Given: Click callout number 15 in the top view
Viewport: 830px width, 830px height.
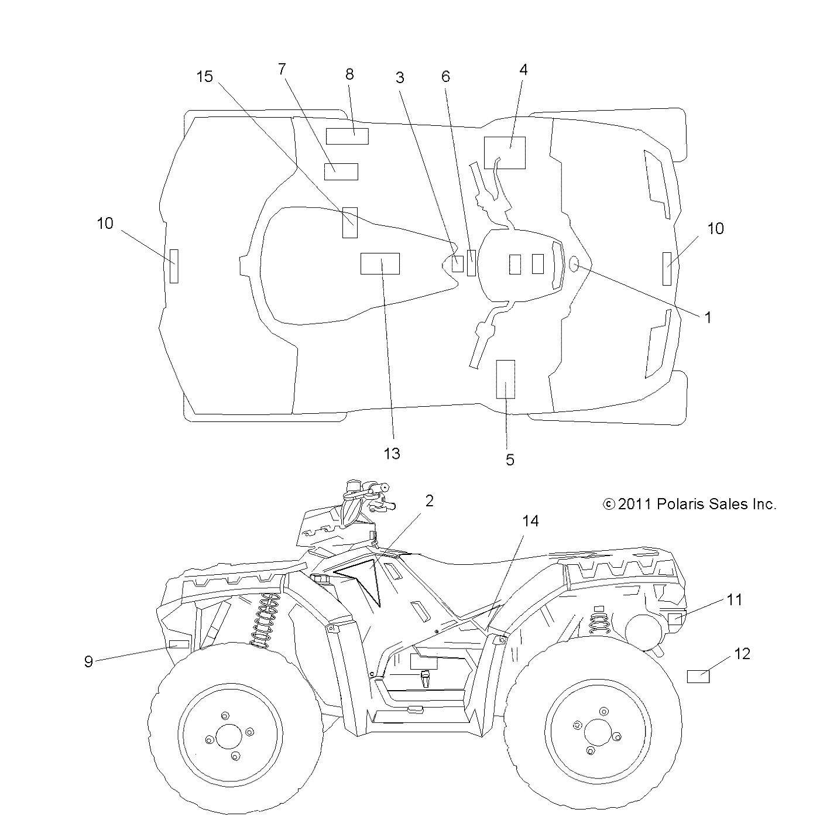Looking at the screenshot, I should click(205, 77).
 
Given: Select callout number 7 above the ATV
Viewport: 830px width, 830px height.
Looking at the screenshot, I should click(282, 69).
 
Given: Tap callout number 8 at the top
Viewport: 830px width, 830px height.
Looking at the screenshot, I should click(349, 74).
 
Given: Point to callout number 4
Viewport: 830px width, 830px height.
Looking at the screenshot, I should click(523, 70).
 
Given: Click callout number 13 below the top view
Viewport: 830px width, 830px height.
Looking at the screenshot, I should click(392, 453).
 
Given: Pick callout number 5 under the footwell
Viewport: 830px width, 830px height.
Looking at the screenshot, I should click(510, 459).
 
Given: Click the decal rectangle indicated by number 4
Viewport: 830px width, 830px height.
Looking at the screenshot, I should click(505, 153).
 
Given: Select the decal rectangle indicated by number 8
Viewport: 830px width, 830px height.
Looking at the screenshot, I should click(347, 136).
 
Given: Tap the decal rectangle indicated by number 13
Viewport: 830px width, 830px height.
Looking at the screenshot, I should click(380, 264).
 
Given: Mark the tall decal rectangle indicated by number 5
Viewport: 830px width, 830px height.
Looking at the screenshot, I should click(506, 379).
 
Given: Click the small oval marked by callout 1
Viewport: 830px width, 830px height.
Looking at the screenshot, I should click(574, 265).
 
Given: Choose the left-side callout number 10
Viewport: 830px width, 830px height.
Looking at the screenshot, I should click(105, 223).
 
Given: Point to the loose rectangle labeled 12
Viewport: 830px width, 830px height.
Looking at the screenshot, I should click(698, 677).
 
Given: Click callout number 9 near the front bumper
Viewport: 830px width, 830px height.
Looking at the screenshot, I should click(88, 661).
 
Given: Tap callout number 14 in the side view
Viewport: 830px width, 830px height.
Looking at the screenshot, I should click(530, 520).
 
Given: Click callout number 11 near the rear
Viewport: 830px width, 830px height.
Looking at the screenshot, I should click(735, 599).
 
